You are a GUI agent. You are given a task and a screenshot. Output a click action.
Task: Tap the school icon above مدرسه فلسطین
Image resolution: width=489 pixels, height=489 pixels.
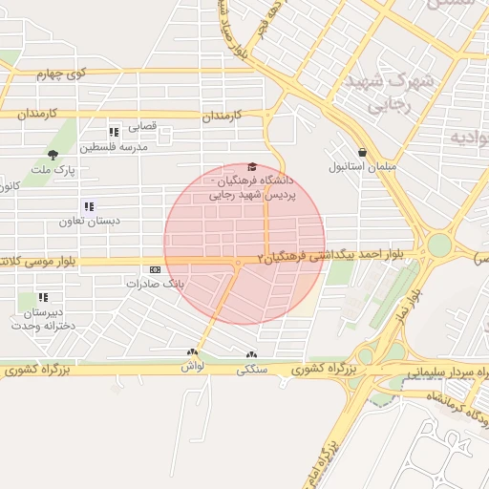pyautogui.click(x=114, y=132)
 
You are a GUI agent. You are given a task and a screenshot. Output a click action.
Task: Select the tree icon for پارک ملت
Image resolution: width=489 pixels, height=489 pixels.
pyautogui.click(x=53, y=154)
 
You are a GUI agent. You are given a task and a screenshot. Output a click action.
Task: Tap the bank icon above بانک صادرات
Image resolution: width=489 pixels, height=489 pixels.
pyautogui.click(x=156, y=269)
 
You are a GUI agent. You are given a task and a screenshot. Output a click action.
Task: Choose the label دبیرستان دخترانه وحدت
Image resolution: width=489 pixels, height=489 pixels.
pyautogui.click(x=38, y=319)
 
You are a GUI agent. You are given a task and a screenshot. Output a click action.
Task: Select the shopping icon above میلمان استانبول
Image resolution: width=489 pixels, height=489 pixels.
pyautogui.click(x=362, y=152)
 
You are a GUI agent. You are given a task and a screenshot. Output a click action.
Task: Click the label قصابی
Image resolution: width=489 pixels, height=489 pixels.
pyautogui.click(x=140, y=126)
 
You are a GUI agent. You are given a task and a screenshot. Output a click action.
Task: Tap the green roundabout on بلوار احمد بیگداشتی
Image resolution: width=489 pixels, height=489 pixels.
pyautogui.click(x=438, y=244)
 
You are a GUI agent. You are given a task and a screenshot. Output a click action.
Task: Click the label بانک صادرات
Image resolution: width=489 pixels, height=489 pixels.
pyautogui.click(x=153, y=284)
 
